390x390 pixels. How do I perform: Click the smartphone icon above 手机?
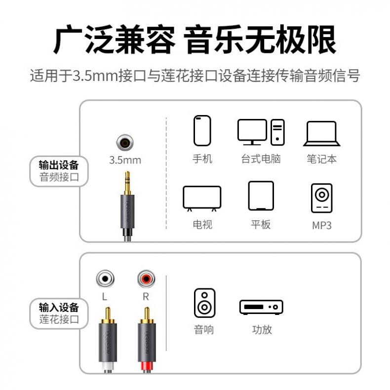tap(202, 131)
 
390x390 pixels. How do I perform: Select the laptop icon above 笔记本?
tap(321, 134)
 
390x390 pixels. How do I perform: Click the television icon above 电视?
tap(202, 198)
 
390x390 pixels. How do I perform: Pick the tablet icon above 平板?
tap(261, 196)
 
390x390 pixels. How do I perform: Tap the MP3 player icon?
tap(321, 198)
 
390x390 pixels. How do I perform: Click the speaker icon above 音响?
tap(204, 303)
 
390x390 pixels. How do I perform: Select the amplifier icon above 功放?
tap(261, 307)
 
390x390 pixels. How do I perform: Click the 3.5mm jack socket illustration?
tap(125, 143)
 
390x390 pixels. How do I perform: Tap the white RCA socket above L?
tap(105, 279)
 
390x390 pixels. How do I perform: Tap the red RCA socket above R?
tap(146, 279)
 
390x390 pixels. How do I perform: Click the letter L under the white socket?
tap(105, 297)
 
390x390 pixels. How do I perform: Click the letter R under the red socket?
tap(146, 297)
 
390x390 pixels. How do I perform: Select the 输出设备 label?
tap(59, 165)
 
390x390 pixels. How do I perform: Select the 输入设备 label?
tap(59, 308)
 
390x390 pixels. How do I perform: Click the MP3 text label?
tap(322, 226)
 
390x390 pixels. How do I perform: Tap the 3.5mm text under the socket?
tap(125, 160)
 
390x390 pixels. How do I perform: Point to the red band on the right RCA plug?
tap(147, 366)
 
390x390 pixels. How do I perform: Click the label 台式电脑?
tap(261, 158)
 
